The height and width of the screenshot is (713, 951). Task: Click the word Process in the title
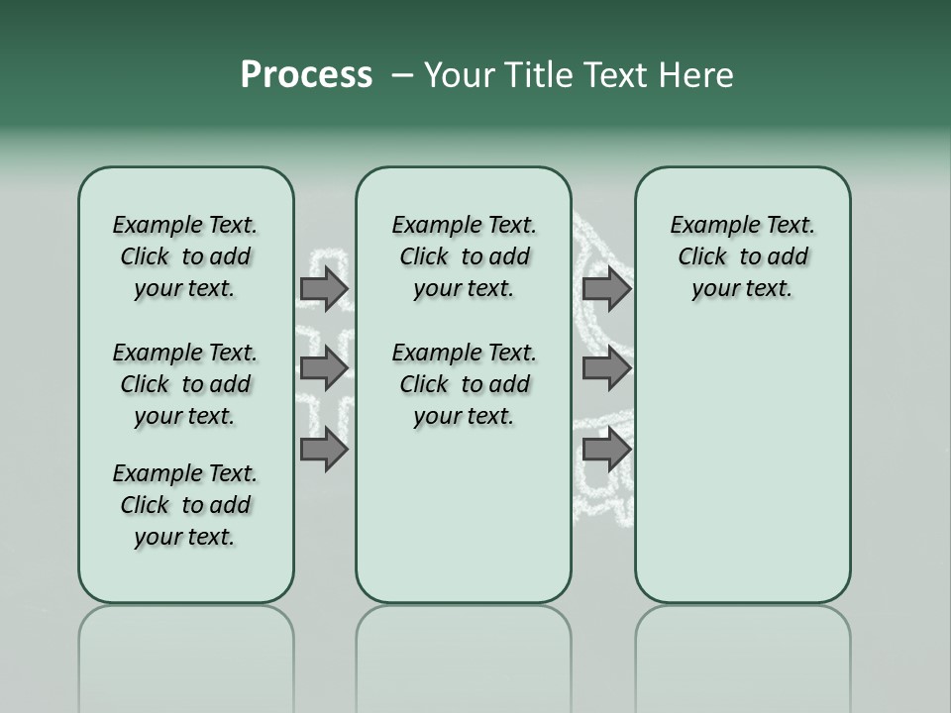(x=306, y=75)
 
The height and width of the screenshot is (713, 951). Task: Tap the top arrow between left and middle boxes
(x=324, y=288)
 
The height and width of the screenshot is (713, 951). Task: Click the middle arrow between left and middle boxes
(x=324, y=368)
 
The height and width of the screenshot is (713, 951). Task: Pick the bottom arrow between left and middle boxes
(x=324, y=450)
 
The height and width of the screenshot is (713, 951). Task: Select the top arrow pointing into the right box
(x=606, y=288)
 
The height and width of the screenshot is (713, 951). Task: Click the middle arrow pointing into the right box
(x=606, y=368)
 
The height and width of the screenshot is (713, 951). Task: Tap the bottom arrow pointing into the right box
(x=606, y=450)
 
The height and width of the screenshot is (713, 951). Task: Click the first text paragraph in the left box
(x=185, y=256)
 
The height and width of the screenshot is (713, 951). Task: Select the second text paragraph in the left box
(x=185, y=384)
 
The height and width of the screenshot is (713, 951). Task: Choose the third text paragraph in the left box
(x=185, y=505)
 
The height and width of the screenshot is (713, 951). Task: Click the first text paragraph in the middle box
(x=464, y=256)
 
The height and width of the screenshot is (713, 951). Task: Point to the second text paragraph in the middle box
(x=464, y=384)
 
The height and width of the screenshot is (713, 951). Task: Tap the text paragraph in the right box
(x=742, y=256)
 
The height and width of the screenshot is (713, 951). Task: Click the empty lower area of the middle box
(x=464, y=515)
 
